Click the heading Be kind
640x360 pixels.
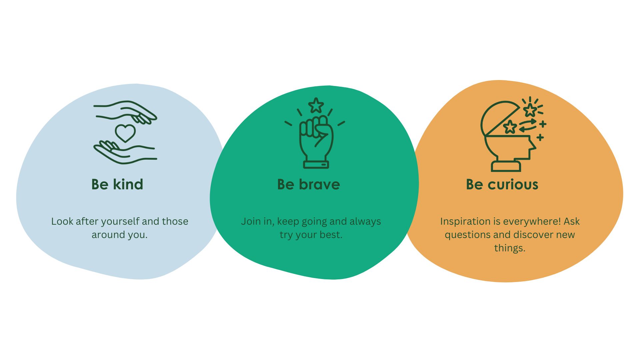click(x=117, y=184)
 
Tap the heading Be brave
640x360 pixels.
click(x=309, y=184)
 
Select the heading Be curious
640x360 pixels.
click(x=502, y=184)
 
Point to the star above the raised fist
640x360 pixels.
click(x=316, y=105)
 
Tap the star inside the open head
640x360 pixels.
click(x=510, y=127)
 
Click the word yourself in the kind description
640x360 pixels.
click(x=120, y=222)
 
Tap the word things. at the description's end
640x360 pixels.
click(x=510, y=248)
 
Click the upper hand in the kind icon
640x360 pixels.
click(x=125, y=112)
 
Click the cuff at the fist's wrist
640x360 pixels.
click(x=316, y=165)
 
